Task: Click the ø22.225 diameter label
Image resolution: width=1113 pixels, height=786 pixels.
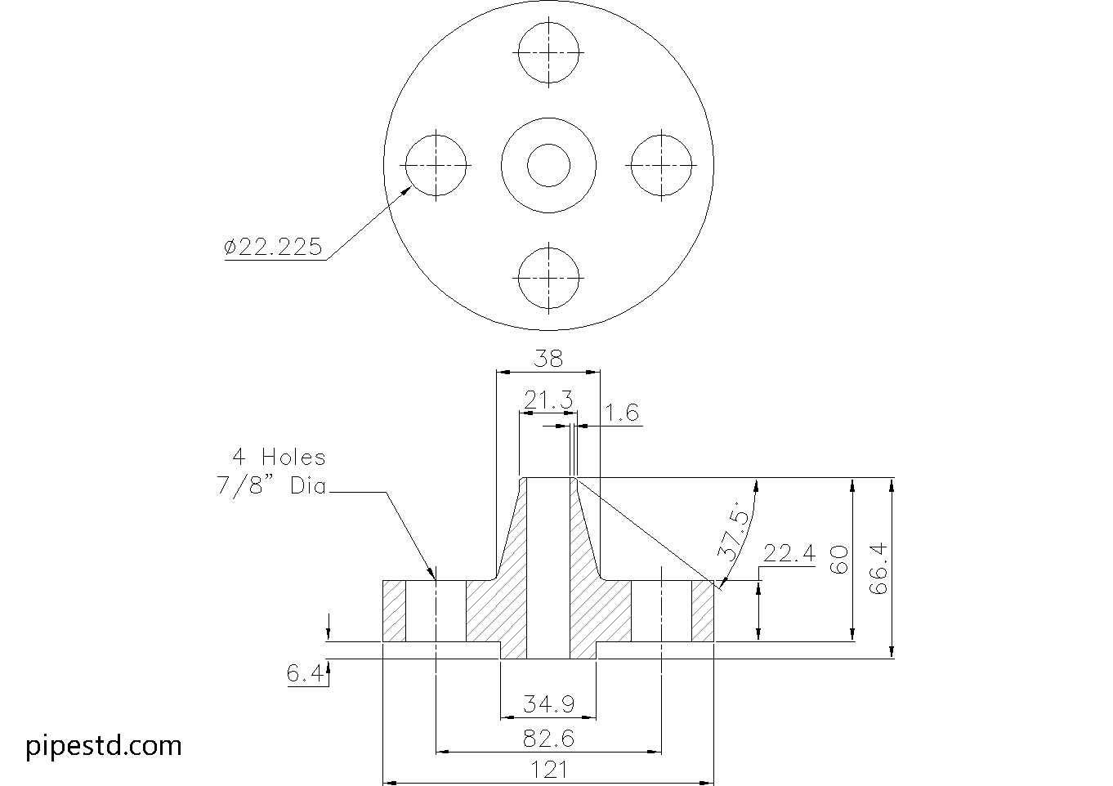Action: (273, 247)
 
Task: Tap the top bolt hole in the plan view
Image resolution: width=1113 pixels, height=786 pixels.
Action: (548, 52)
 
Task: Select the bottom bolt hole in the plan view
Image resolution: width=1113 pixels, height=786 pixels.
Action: (548, 277)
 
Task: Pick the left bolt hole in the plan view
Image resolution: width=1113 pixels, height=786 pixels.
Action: (436, 165)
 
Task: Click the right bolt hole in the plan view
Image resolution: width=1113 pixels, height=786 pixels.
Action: (661, 165)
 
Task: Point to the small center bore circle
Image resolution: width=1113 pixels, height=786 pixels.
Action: (548, 165)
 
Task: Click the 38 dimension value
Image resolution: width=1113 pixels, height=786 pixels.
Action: (548, 358)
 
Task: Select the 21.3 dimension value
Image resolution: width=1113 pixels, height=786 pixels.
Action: (548, 400)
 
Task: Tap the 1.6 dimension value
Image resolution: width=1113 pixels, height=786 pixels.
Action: (622, 413)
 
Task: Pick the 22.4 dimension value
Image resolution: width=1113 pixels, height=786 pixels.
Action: (789, 554)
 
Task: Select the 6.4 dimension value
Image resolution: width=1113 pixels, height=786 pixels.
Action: (306, 675)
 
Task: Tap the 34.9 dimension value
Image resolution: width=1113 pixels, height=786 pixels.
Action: (548, 703)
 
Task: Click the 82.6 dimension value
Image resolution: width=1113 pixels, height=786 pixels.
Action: (548, 739)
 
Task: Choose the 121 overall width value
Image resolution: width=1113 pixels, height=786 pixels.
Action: (548, 770)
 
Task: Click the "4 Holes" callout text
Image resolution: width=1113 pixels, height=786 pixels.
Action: (278, 458)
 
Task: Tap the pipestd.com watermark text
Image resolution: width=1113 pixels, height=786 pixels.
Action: (104, 746)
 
